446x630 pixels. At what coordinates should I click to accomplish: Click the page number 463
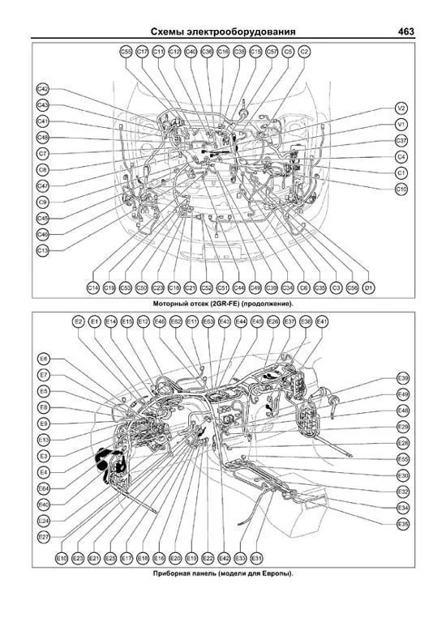tap(406, 32)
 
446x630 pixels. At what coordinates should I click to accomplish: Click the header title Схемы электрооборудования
tap(223, 32)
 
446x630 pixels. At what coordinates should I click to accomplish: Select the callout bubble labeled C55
tap(126, 51)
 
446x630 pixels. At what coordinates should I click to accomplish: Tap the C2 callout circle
tap(304, 51)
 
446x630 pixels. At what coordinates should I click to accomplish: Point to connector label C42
tap(43, 89)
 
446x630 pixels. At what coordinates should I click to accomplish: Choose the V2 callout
tap(401, 108)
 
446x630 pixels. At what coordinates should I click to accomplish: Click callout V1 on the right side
tap(401, 124)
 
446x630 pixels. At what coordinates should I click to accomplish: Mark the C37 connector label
tap(401, 140)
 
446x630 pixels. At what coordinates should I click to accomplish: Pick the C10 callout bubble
tap(401, 189)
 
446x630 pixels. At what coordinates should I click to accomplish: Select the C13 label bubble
tap(43, 250)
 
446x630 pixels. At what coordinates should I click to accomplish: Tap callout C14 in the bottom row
tap(93, 287)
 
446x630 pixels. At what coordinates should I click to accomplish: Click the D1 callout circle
tap(368, 287)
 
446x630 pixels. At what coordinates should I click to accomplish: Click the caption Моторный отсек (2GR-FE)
tap(223, 303)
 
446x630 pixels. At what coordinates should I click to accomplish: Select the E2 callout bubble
tap(79, 321)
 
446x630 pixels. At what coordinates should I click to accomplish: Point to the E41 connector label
tap(322, 321)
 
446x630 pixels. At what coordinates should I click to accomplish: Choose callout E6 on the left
tap(44, 358)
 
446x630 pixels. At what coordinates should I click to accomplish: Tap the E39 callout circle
tap(402, 378)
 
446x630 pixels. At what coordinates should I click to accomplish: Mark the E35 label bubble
tap(402, 524)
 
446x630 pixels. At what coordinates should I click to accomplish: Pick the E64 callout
tap(44, 488)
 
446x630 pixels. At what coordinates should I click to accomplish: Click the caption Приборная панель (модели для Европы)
tap(223, 573)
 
